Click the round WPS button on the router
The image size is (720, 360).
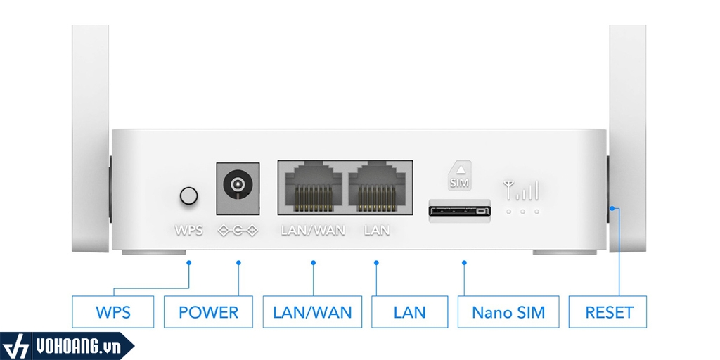[188, 195]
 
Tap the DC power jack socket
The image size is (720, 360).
[236, 186]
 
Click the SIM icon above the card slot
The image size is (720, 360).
[458, 174]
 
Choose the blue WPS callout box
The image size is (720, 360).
[112, 311]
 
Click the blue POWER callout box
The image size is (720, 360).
[208, 311]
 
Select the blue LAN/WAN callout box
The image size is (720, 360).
[312, 311]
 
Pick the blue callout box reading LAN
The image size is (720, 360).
[410, 311]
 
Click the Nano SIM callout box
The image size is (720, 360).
[508, 311]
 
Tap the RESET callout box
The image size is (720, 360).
[609, 311]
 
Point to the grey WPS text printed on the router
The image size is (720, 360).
[188, 230]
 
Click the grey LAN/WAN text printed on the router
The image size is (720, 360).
[313, 230]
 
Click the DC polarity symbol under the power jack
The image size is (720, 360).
[238, 230]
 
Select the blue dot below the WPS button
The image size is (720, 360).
[188, 262]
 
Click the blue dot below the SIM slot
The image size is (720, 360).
[464, 263]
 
